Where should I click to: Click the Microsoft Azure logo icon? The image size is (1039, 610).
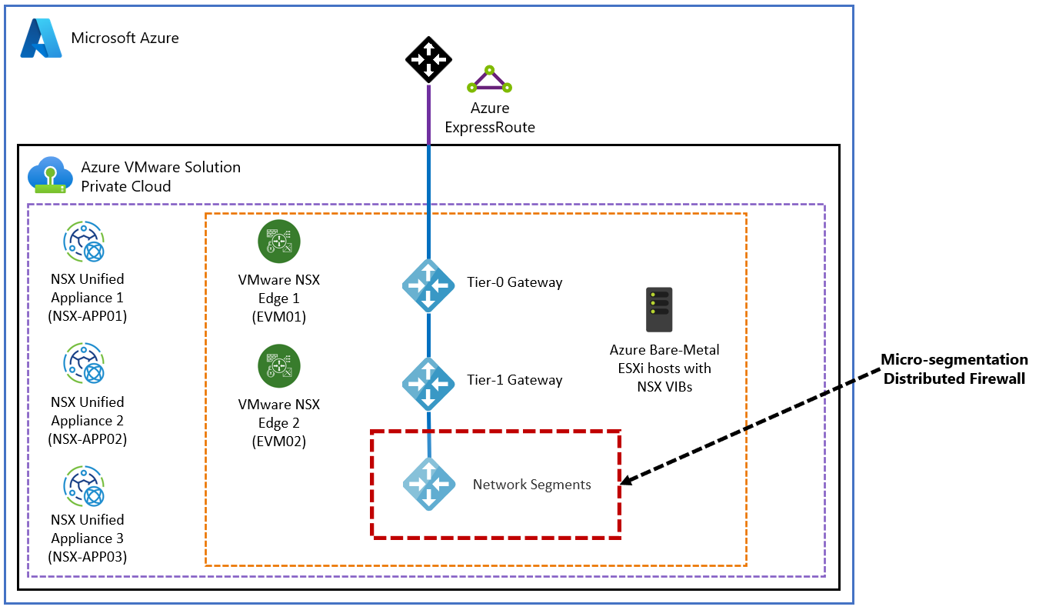click(x=41, y=38)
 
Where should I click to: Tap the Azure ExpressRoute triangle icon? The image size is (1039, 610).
click(x=490, y=80)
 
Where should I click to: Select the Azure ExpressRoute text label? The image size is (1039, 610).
click(x=490, y=118)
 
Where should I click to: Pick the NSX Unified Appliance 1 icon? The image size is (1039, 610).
click(x=84, y=242)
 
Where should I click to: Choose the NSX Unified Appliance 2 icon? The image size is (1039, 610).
click(x=84, y=365)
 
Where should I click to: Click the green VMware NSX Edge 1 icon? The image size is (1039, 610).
click(x=278, y=242)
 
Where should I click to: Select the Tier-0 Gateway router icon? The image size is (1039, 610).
click(x=429, y=285)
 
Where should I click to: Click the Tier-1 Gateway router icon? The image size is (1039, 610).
click(x=429, y=382)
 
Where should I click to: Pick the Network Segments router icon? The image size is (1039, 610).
click(x=429, y=484)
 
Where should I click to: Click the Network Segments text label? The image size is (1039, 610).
click(x=531, y=485)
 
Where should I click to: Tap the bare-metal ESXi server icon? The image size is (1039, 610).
click(x=659, y=310)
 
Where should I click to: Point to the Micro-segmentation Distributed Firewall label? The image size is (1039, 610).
click(x=954, y=369)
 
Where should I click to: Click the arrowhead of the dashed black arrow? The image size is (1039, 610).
click(x=624, y=482)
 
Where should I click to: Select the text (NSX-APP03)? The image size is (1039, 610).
click(x=88, y=557)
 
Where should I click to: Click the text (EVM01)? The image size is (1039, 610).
click(x=278, y=317)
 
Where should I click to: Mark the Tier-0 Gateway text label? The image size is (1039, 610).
click(x=515, y=282)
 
